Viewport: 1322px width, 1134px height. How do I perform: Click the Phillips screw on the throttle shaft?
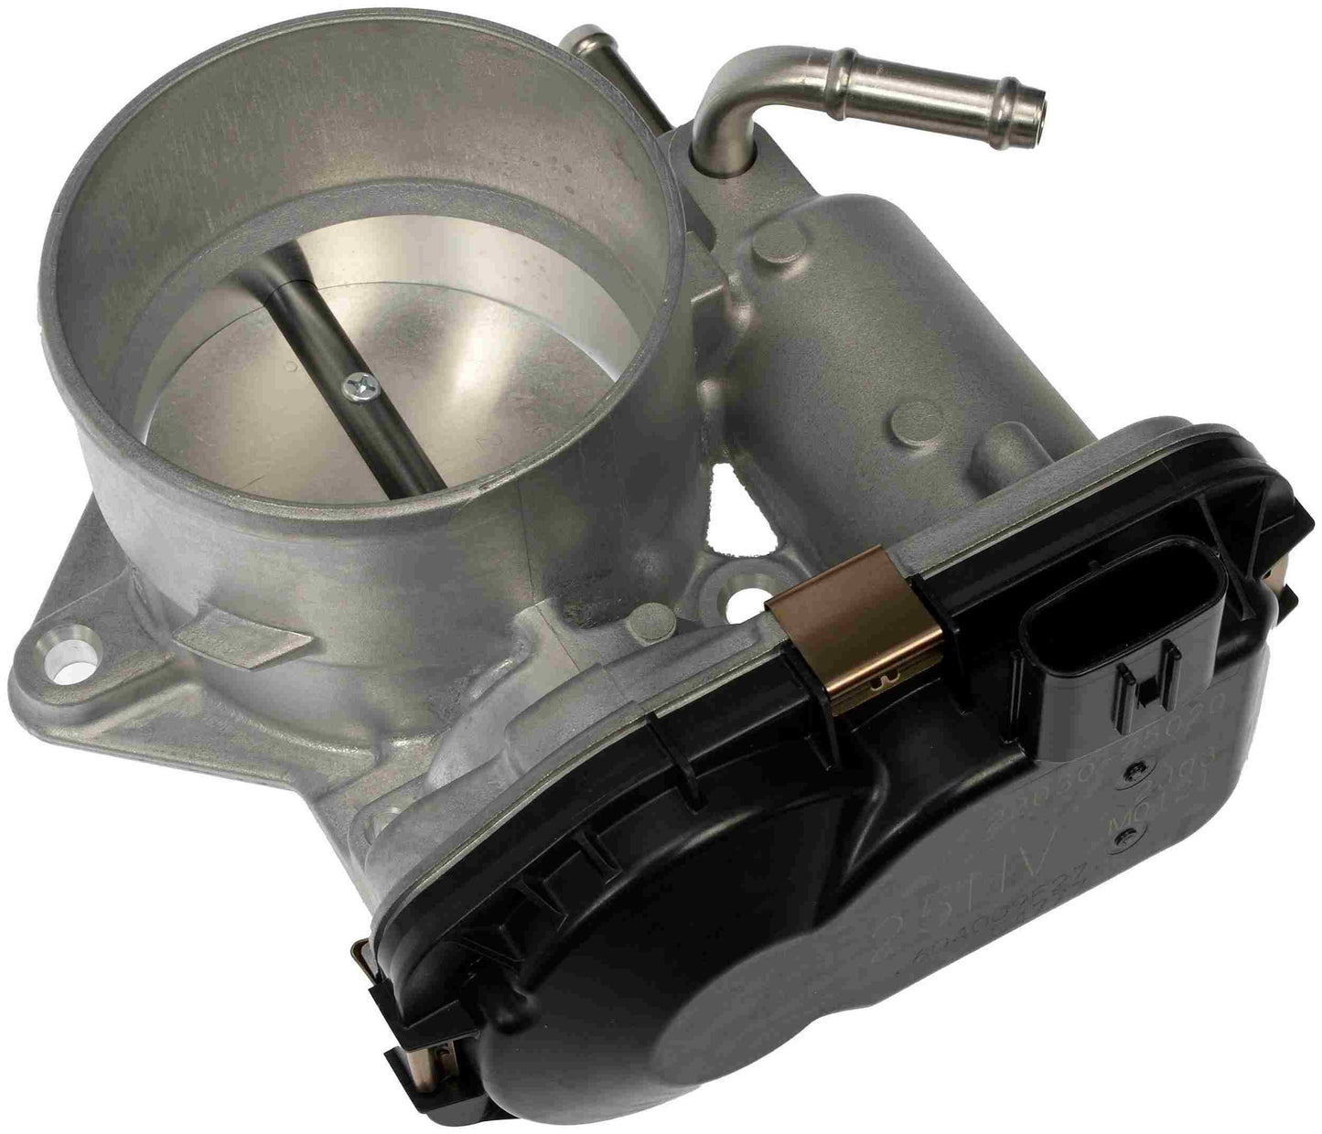coord(352,390)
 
